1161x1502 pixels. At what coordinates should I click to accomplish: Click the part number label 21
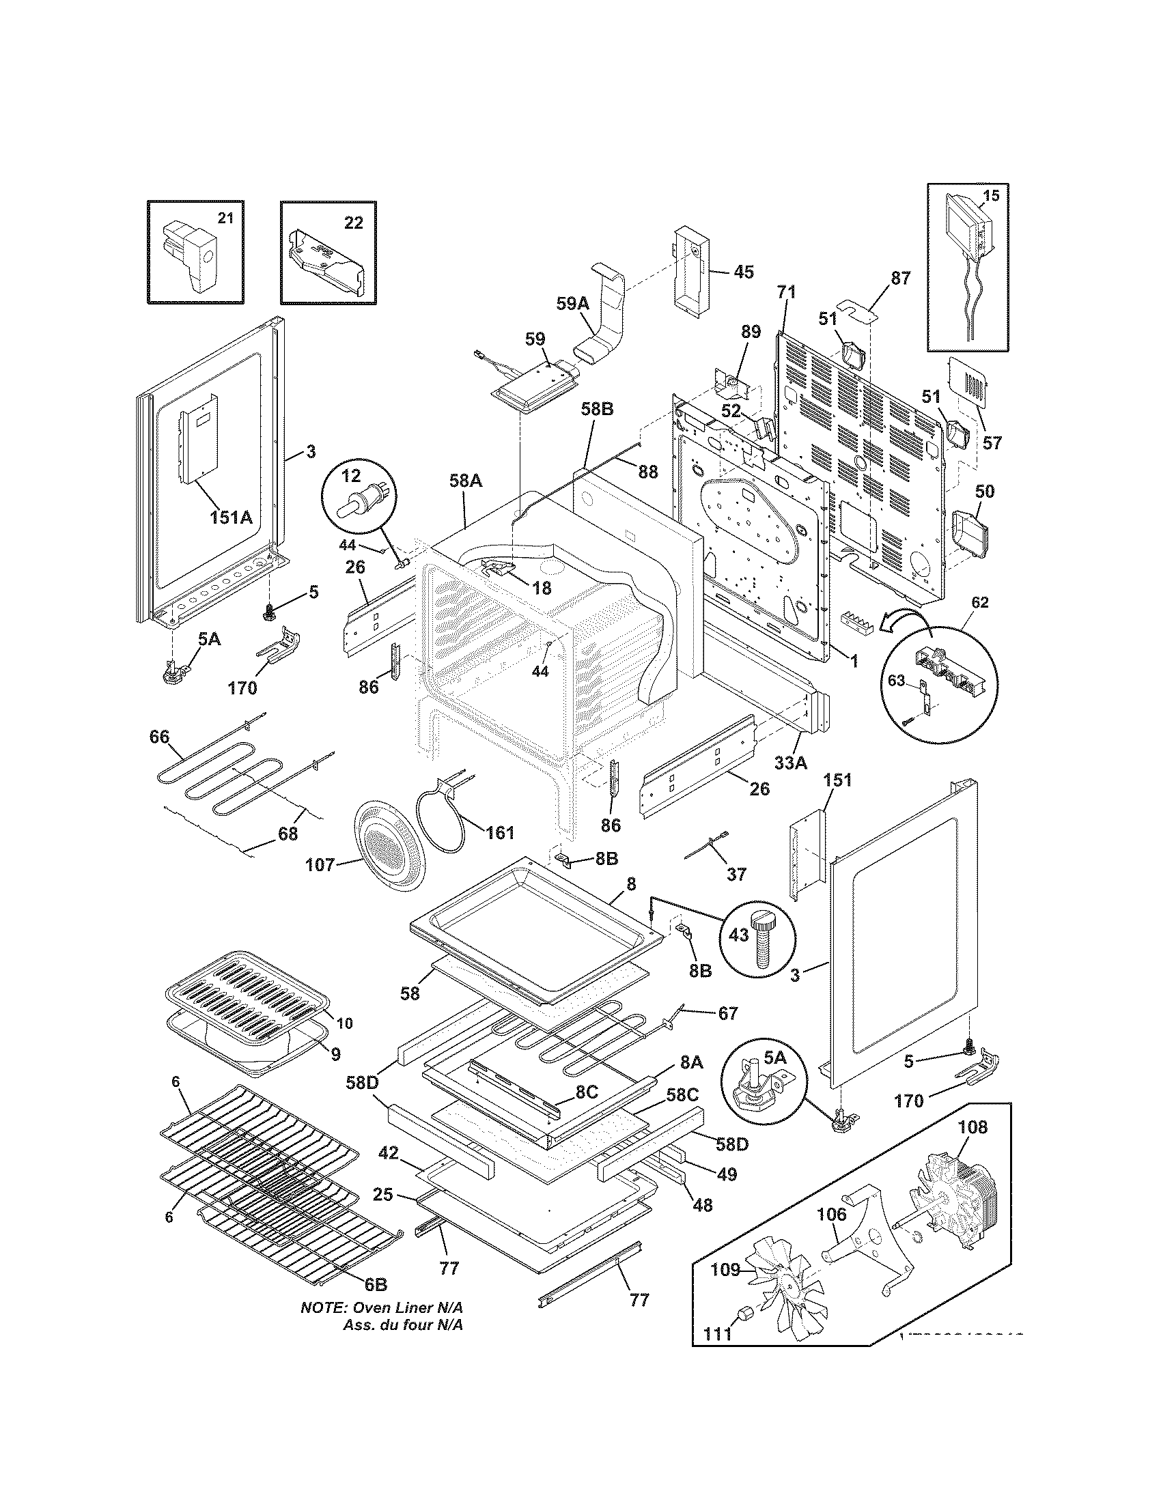[225, 218]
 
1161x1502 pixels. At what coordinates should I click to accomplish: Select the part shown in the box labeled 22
[325, 262]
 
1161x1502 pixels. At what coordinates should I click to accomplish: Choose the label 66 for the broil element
[159, 737]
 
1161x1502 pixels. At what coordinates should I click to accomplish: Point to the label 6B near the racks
[376, 1284]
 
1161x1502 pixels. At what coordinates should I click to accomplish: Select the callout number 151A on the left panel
[231, 517]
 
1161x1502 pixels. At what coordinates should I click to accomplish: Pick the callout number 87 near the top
[900, 278]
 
